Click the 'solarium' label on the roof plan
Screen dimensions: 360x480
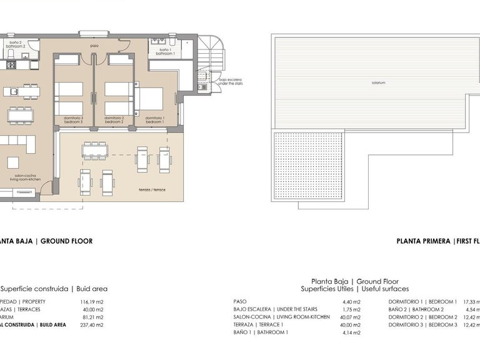[377, 82]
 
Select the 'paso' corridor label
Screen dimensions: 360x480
[94, 46]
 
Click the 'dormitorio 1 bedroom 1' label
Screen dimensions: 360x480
[154, 119]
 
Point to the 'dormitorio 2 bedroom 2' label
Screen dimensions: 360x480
[114, 119]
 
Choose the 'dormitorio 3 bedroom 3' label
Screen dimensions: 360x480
[74, 119]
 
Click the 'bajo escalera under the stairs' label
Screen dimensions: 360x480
[230, 81]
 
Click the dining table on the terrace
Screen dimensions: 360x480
[94, 150]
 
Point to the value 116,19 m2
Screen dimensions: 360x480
[91, 301]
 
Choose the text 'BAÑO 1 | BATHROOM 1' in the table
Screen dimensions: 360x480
[260, 332]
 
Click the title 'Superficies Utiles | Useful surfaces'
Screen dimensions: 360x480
[354, 289]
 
